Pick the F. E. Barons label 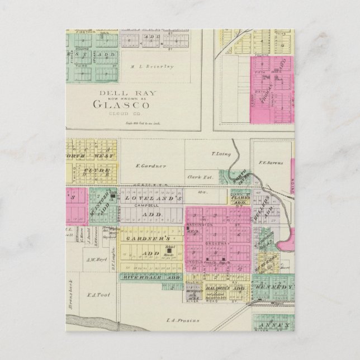click(271, 163)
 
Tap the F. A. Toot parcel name click(102, 295)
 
